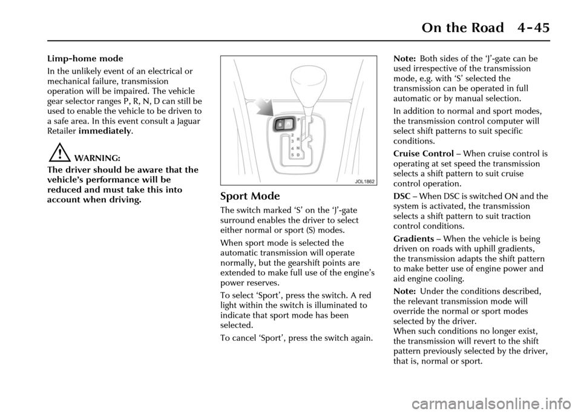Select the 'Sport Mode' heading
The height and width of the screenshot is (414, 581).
coord(250,197)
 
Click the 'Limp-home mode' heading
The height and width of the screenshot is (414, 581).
coord(84,59)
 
